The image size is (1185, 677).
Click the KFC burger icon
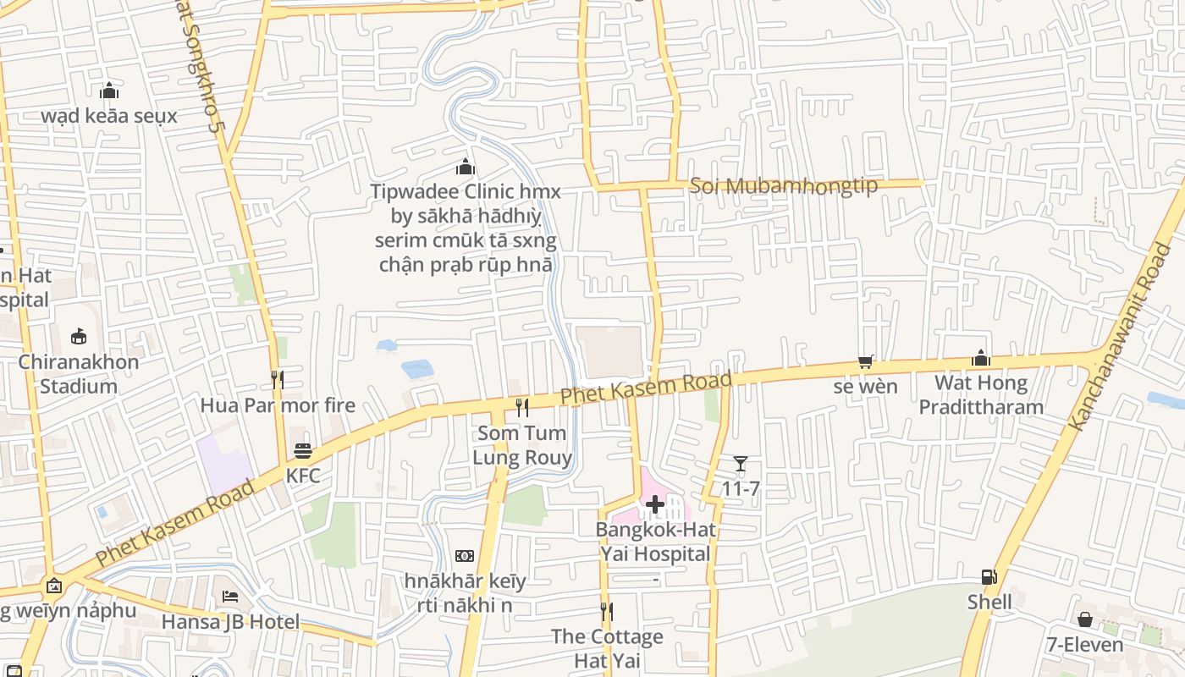303,451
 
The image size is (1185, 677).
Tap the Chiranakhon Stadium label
79,374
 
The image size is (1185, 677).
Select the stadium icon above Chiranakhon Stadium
79,337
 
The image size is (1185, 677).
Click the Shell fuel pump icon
989,577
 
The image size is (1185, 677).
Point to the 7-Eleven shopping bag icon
1085,620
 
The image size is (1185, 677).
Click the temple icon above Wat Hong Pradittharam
981,358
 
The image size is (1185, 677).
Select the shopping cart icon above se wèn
865,362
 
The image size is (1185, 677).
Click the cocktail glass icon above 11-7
741,464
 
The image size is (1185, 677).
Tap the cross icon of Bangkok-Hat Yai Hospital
654,505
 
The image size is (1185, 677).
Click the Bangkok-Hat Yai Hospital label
655,542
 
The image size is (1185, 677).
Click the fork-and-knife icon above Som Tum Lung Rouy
522,408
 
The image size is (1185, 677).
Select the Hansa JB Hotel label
230,622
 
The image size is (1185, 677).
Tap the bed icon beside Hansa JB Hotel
230,597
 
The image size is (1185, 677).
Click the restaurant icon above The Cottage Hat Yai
606,611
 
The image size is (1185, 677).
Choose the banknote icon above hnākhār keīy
464,556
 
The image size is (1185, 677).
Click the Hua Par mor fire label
278,405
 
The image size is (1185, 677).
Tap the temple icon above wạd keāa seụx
108,91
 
